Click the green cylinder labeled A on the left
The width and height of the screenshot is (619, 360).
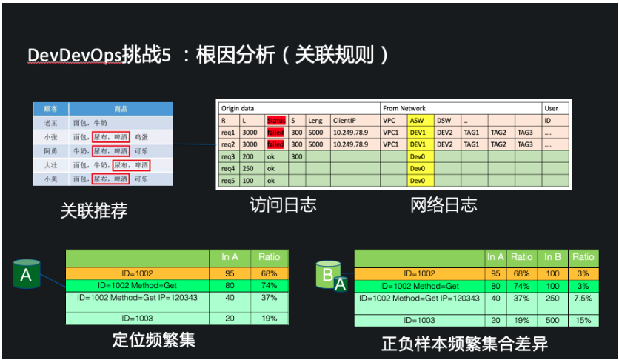coord(27,275)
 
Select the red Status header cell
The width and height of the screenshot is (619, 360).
coord(275,120)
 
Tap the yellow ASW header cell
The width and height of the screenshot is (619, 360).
coord(417,120)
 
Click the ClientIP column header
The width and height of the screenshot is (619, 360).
coord(345,120)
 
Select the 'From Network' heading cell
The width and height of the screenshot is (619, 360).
coord(405,108)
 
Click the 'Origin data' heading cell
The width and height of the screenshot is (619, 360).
coord(238,108)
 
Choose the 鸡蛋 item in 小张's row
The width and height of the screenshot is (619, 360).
coord(153,136)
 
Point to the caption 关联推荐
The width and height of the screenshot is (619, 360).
coord(94,210)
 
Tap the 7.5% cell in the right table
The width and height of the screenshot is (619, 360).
coord(583,298)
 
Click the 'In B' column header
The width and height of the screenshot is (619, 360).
coord(552,257)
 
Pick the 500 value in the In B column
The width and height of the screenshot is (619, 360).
coord(552,319)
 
